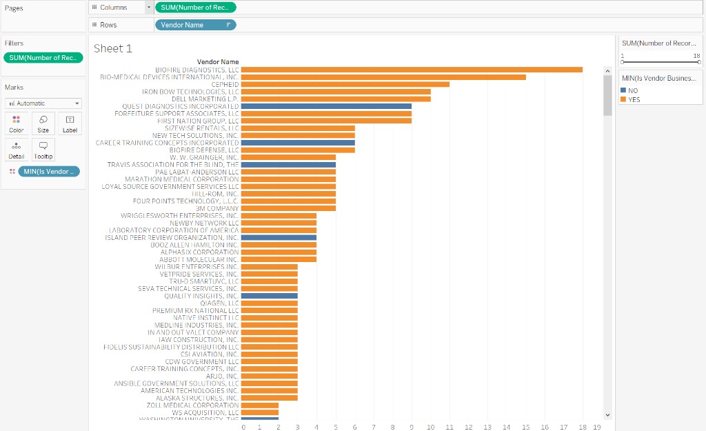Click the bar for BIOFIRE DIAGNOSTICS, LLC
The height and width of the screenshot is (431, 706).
coord(412,70)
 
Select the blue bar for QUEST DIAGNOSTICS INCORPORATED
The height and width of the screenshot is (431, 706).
coord(326,106)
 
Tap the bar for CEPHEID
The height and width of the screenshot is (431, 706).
coord(345,84)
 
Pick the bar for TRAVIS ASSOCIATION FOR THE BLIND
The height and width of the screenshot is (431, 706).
coord(288,165)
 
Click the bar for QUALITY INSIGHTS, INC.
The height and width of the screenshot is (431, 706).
coord(270,296)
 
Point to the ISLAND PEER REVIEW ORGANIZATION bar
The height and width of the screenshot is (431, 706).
coord(279,238)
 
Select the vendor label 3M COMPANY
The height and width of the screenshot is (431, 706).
coord(217,208)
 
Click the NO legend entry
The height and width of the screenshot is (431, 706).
coord(633,90)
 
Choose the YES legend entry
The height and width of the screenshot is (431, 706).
coord(634,99)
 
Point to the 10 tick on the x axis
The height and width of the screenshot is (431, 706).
coord(430,428)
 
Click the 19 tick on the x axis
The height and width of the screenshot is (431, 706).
coord(597,428)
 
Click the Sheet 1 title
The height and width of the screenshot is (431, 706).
coord(113,48)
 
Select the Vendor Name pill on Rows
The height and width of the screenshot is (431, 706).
coord(195,25)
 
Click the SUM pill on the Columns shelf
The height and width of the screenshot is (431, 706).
coord(195,8)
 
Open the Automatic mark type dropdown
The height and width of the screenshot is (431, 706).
coord(43,103)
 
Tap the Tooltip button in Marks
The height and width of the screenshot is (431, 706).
coord(43,150)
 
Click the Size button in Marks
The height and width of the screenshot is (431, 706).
coord(43,123)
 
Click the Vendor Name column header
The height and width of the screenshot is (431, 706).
coord(218,62)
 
